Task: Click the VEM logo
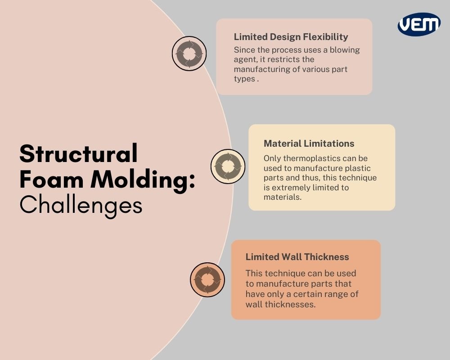pos(419,24)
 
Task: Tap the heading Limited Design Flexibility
pos(291,37)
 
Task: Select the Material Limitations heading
pos(309,144)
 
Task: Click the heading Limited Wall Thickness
pos(297,257)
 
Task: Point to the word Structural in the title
pos(78,154)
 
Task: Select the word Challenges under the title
pos(81,205)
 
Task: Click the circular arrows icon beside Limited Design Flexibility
pos(189,54)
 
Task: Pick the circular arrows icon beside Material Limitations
pos(228,166)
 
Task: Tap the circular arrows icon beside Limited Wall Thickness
pos(207,279)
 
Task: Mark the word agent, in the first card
pos(246,59)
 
